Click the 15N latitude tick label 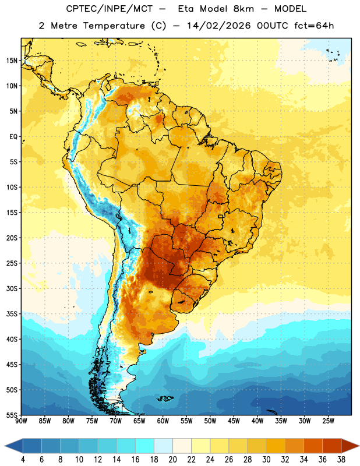coord(12,61)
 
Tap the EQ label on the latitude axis coord(13,137)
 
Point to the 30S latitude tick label coord(12,288)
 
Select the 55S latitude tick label coord(12,415)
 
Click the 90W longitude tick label coord(21,421)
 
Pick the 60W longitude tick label coord(163,421)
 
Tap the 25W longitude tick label coord(328,421)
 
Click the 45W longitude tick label coord(234,421)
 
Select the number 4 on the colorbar coord(23,460)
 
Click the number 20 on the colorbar coord(172,460)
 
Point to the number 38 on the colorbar coord(341,460)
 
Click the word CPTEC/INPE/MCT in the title coord(109,9)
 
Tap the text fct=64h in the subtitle coord(314,26)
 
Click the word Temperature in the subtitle coord(114,26)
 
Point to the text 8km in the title coord(243,9)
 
